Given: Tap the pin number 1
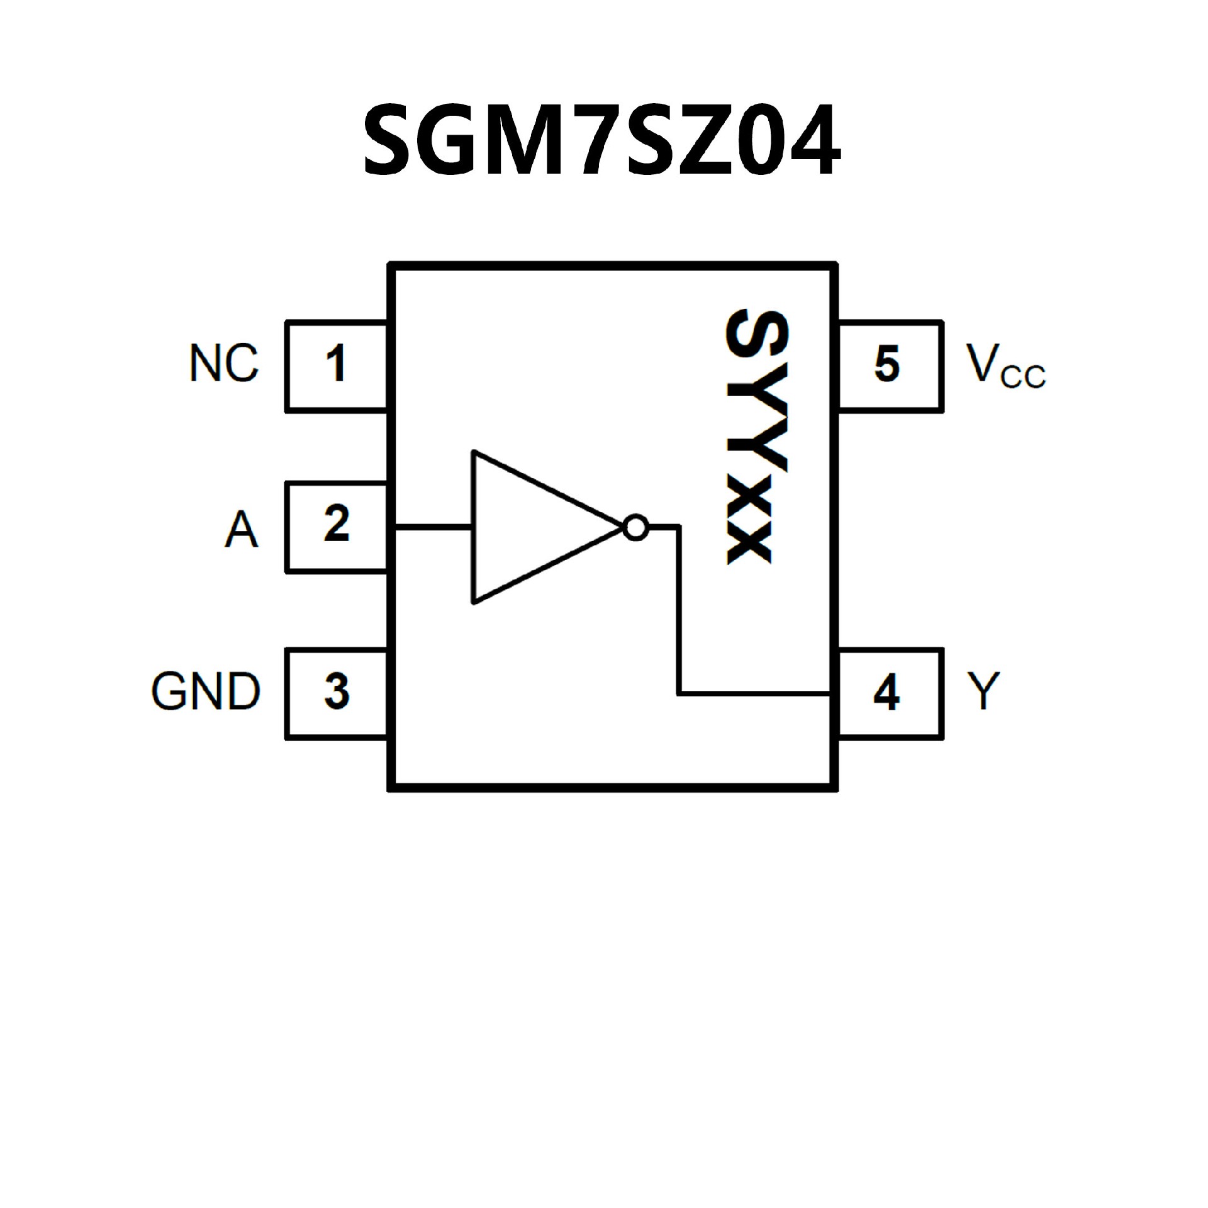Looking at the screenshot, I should [x=335, y=364].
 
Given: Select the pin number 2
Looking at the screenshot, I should [x=337, y=523].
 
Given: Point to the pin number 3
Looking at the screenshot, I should [x=337, y=691].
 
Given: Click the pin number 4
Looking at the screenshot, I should [x=886, y=693].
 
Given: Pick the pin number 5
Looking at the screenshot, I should [x=887, y=364].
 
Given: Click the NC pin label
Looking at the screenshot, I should [x=224, y=364].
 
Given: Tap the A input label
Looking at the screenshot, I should [x=242, y=529].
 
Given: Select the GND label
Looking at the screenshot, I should [x=206, y=691].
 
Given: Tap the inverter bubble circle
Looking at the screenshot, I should [x=635, y=527].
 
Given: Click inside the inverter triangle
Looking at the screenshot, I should [x=528, y=527].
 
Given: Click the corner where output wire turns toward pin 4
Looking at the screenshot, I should [x=679, y=693].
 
